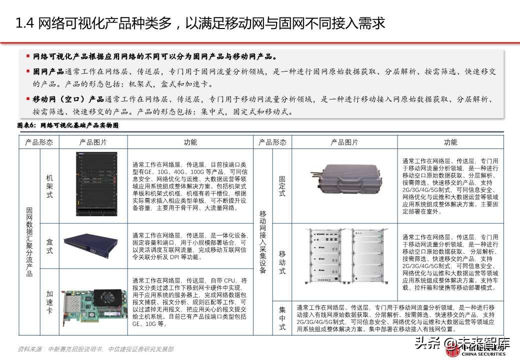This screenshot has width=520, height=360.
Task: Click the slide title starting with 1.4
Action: click(200, 23)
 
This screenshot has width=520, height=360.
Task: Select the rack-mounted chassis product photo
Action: click(93, 185)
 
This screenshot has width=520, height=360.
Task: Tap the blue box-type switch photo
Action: click(93, 244)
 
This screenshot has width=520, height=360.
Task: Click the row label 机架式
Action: click(49, 186)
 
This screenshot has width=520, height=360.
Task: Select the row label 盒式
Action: click(49, 245)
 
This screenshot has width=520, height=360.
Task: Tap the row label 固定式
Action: click(282, 185)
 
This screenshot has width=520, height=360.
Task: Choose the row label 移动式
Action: click(282, 262)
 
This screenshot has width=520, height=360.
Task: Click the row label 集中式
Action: click(282, 317)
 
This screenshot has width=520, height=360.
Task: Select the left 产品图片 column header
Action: click(93, 142)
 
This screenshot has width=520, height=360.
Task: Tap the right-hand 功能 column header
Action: click(450, 142)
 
